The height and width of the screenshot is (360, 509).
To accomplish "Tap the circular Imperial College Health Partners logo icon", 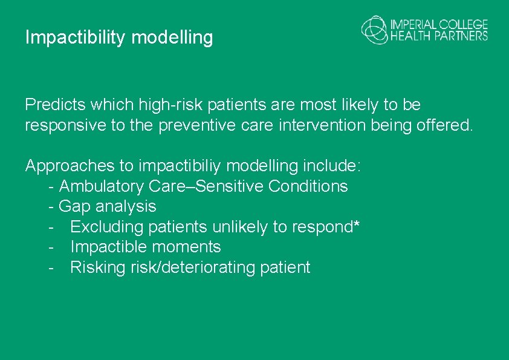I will (x=375, y=30).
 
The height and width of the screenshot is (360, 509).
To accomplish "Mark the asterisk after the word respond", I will (x=357, y=225).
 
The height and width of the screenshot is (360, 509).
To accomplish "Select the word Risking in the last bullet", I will (x=98, y=267).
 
